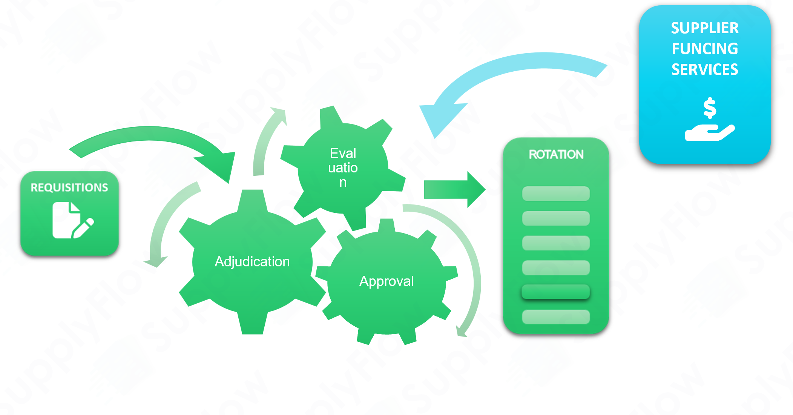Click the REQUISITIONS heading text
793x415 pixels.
(69, 188)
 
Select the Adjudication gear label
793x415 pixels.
(252, 261)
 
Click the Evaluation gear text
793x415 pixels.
(343, 168)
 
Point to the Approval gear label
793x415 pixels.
(387, 281)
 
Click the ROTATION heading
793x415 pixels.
(556, 154)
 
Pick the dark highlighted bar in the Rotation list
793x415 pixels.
(555, 292)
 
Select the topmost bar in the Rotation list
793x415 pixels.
(555, 194)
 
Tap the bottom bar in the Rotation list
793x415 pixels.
(555, 317)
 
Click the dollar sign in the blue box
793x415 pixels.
(710, 108)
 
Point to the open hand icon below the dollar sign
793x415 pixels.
(709, 133)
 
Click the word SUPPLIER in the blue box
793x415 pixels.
(704, 28)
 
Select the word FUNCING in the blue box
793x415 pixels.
(704, 49)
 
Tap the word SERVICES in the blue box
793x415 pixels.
(704, 69)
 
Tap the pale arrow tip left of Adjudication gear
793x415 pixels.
(158, 260)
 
